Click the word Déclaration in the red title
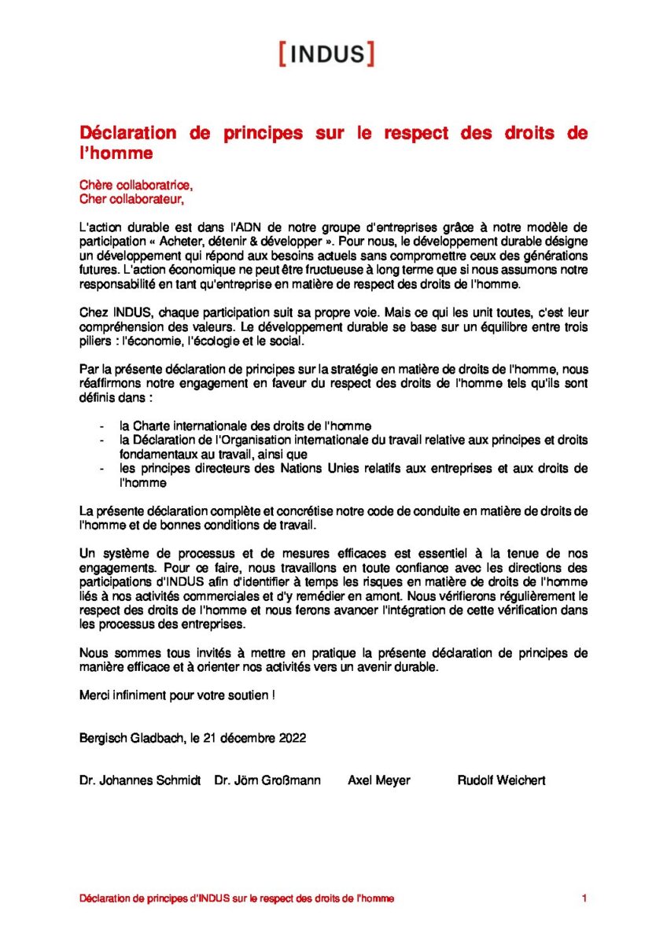(x=128, y=133)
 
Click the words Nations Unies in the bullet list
(x=333, y=469)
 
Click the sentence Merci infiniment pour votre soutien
(x=178, y=695)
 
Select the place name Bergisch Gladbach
(x=130, y=738)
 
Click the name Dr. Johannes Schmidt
(x=140, y=780)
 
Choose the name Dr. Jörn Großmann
(x=267, y=780)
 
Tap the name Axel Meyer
(x=379, y=780)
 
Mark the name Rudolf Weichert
(x=501, y=780)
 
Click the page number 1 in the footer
(x=584, y=898)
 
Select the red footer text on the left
(x=237, y=898)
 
